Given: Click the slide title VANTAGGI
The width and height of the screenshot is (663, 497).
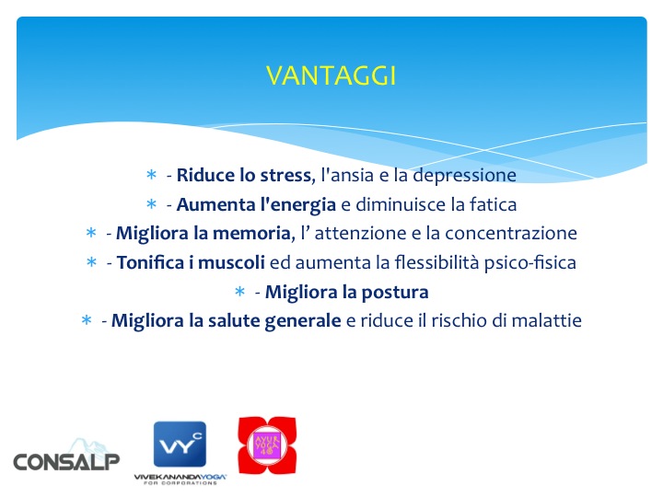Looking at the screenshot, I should click(x=331, y=75).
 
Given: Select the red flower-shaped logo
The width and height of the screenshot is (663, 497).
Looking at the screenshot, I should click(x=267, y=445).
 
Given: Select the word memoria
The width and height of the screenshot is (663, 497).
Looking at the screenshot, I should click(x=247, y=234).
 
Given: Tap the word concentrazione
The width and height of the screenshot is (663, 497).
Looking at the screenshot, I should click(x=513, y=234).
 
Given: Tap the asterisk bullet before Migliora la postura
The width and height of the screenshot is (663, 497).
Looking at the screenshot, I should click(x=239, y=293).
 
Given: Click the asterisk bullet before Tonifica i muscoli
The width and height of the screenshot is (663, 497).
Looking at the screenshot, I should click(x=92, y=263).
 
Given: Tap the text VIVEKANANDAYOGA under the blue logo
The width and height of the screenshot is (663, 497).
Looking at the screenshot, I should click(x=180, y=476).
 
